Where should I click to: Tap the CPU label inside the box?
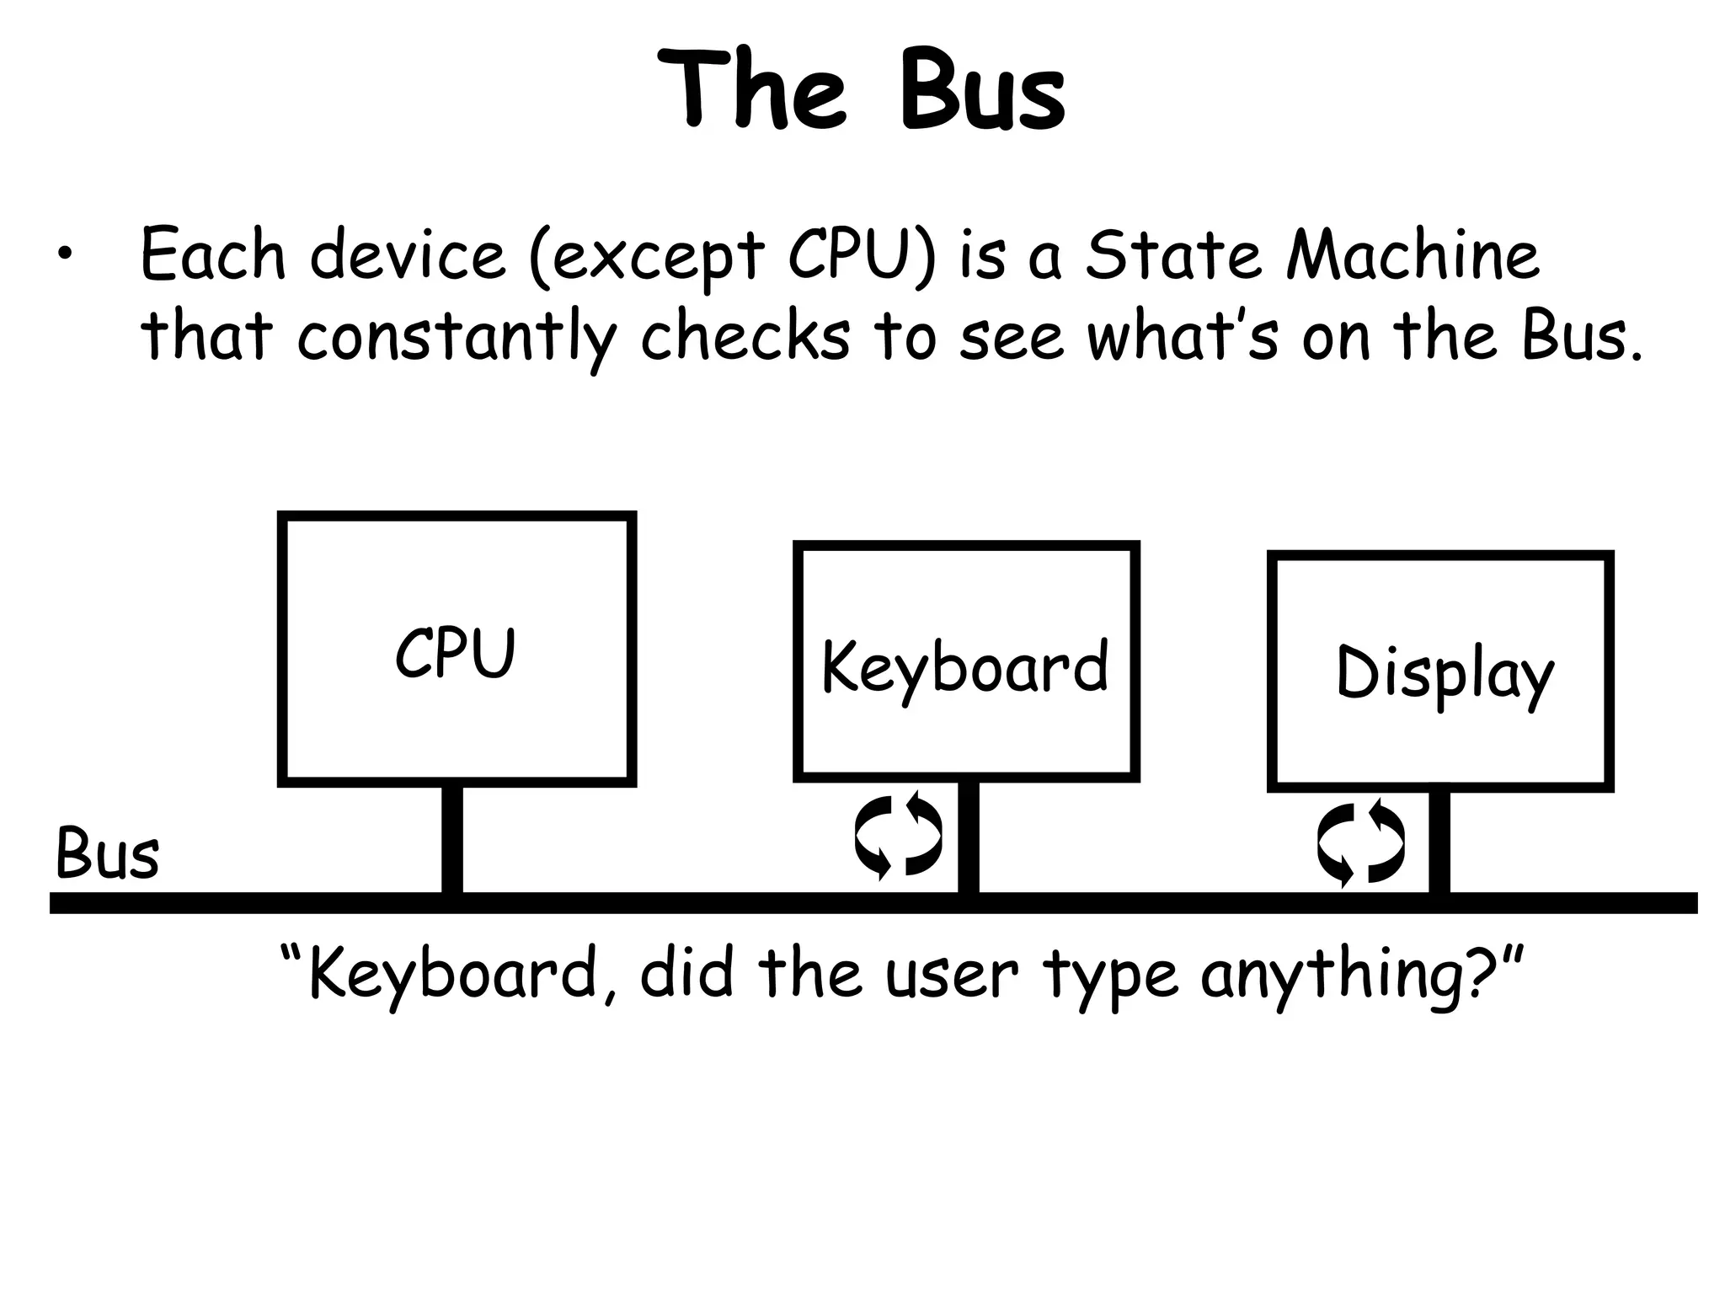[x=455, y=653]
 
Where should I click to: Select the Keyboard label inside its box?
[x=964, y=668]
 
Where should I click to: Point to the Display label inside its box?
[x=1444, y=675]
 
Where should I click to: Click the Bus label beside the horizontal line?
[x=107, y=854]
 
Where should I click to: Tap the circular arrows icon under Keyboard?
[x=898, y=837]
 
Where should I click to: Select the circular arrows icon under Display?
[x=1361, y=843]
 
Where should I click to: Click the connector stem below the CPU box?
[x=452, y=839]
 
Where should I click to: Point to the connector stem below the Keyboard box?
[x=969, y=837]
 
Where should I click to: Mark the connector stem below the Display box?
[x=1439, y=842]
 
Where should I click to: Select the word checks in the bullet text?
[x=745, y=336]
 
